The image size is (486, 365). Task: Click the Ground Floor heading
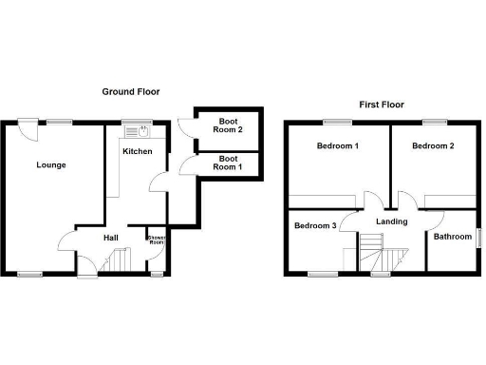(x=131, y=92)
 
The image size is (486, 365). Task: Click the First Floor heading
(x=379, y=105)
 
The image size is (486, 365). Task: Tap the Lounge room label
(x=51, y=164)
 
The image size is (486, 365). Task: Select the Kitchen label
(x=137, y=151)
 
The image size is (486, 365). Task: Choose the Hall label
(x=110, y=238)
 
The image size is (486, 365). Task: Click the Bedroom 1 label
(x=337, y=145)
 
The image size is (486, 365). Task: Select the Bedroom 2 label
(x=433, y=145)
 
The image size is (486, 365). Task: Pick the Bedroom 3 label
(x=314, y=225)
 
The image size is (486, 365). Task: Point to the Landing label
(x=391, y=221)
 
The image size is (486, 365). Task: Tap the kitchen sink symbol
(x=139, y=131)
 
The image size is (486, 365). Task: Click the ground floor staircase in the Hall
(x=120, y=259)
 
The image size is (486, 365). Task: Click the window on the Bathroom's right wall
(x=477, y=237)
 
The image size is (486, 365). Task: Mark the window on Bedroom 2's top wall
(x=435, y=121)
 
